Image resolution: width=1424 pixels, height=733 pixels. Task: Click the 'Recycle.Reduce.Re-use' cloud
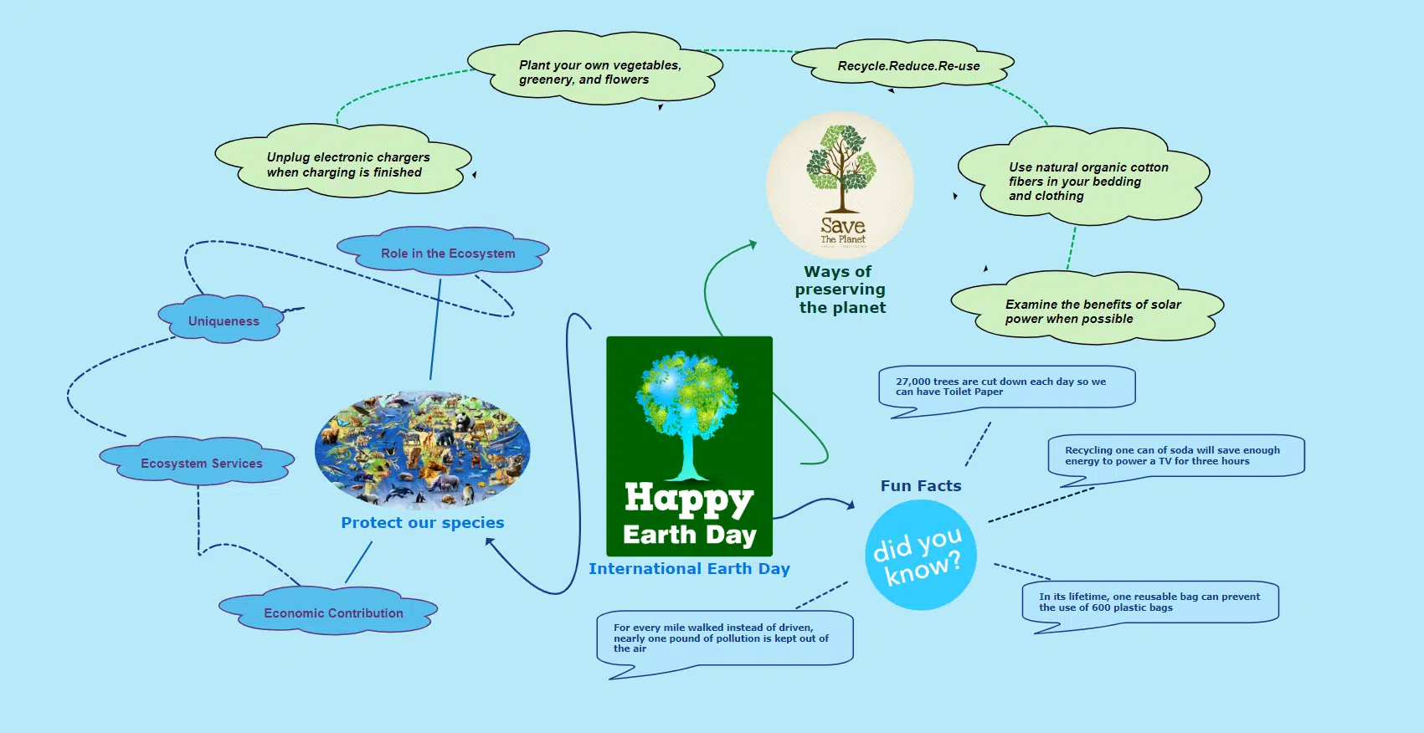click(x=902, y=64)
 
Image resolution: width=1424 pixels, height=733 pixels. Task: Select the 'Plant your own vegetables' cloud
click(x=595, y=68)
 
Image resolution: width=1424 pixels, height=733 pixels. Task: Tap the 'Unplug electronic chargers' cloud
click(x=343, y=160)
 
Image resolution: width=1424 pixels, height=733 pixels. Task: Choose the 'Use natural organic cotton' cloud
click(x=1084, y=176)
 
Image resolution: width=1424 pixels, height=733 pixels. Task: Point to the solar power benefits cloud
click(x=1087, y=308)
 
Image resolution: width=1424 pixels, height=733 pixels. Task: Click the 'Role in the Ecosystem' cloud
click(x=443, y=251)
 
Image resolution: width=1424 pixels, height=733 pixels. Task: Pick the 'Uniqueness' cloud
click(x=221, y=319)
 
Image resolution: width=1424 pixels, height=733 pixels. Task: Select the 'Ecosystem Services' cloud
click(x=197, y=461)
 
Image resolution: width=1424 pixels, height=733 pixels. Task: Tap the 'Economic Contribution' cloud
click(x=328, y=610)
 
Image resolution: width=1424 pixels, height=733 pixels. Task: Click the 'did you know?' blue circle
click(x=921, y=555)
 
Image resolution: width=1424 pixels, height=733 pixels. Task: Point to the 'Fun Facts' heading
click(x=921, y=486)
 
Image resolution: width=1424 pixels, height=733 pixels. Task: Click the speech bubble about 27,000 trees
click(x=1007, y=389)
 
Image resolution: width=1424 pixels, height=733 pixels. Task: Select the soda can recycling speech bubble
click(x=1176, y=458)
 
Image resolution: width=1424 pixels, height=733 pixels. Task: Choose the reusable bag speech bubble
click(x=1150, y=604)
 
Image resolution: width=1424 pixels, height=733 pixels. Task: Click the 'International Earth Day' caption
click(x=689, y=568)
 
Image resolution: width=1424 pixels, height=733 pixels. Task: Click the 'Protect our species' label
click(x=423, y=523)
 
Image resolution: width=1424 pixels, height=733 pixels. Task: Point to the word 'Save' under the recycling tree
click(x=843, y=225)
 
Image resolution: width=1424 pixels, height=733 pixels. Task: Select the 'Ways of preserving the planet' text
click(x=841, y=290)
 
